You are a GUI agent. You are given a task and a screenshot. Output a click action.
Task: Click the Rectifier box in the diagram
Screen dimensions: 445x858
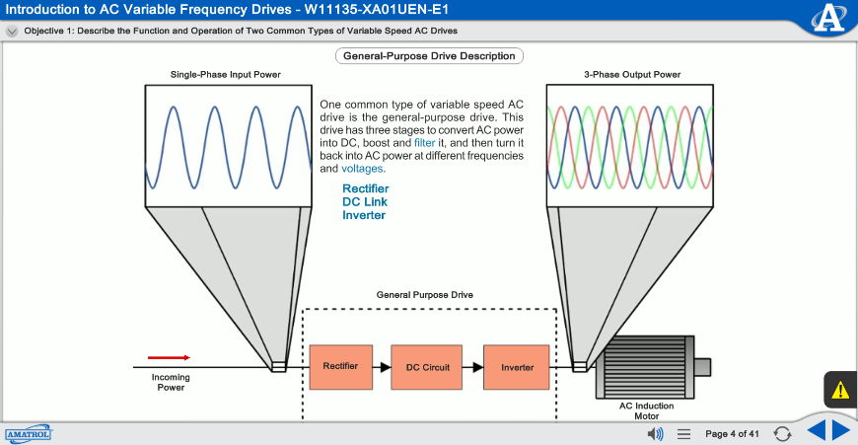tap(340, 366)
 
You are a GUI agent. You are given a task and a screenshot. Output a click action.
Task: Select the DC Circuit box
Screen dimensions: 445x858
tap(427, 366)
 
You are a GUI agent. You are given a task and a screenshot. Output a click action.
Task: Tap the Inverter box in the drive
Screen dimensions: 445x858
tap(516, 366)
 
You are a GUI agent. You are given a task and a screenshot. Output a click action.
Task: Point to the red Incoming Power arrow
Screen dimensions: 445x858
tap(169, 357)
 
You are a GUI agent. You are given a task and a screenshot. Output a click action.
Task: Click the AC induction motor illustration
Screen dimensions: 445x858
tap(647, 365)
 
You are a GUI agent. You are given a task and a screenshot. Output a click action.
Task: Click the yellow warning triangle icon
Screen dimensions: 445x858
tap(840, 390)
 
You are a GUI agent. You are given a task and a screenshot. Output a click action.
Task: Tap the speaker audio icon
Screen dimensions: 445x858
tap(654, 433)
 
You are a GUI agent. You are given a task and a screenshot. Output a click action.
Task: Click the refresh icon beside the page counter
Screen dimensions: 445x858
tap(782, 433)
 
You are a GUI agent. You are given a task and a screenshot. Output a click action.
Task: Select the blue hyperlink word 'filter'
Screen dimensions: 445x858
tap(425, 143)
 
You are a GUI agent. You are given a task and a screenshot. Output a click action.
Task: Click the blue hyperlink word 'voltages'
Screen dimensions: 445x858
tap(363, 169)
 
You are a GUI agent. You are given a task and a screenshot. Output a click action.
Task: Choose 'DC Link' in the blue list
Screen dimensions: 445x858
tap(365, 202)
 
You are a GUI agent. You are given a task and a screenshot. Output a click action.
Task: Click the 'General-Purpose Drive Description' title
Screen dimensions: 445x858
tap(429, 56)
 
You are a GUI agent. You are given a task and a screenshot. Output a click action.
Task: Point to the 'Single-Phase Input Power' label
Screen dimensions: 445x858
tap(226, 74)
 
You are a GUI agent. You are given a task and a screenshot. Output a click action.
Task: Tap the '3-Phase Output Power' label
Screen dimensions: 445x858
tap(632, 74)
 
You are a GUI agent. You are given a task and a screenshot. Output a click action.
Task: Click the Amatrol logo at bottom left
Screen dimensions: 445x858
tap(28, 433)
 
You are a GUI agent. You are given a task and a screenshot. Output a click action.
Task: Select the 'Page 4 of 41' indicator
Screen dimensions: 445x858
tap(732, 434)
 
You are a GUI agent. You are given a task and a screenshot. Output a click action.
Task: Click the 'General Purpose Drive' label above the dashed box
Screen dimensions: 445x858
tap(425, 295)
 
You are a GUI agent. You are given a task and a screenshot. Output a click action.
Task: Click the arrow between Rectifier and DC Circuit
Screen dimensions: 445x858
tap(382, 366)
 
